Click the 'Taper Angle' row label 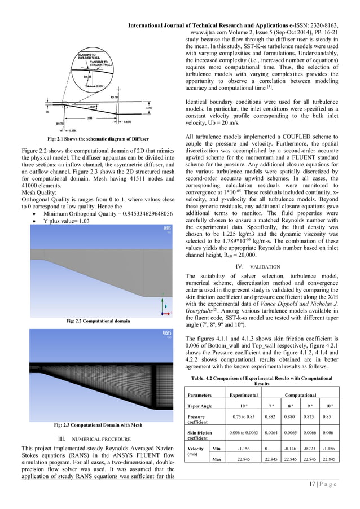tap(201, 406)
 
